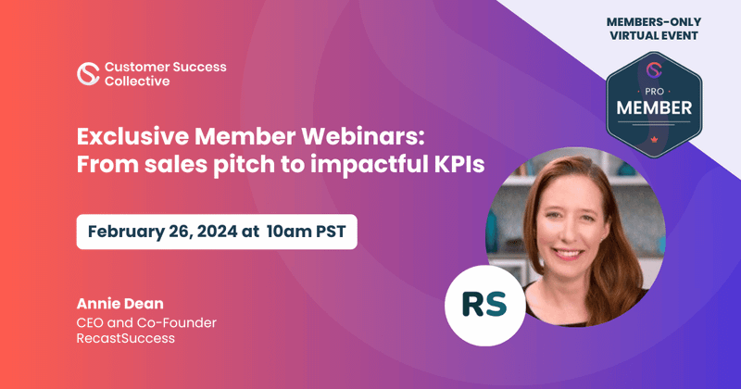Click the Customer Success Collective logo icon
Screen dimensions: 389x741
[88, 74]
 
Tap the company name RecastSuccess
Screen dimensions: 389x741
[126, 340]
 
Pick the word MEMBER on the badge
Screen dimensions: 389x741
[654, 109]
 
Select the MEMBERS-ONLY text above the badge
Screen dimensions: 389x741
[654, 19]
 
